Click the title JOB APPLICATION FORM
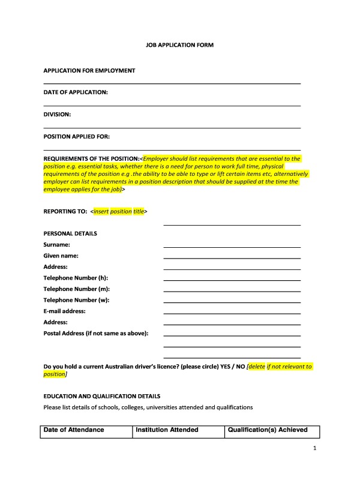point(180,45)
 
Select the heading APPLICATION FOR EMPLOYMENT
point(89,71)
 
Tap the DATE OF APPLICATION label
point(76,92)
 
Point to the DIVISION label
point(58,114)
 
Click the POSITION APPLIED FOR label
point(77,136)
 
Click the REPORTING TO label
point(65,212)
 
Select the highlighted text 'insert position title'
point(119,212)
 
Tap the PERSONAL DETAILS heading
point(70,233)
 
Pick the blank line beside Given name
point(232,257)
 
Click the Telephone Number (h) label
point(76,278)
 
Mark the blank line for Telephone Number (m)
point(232,290)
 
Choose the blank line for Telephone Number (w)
point(232,301)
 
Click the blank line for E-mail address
point(232,313)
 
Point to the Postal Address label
point(96,333)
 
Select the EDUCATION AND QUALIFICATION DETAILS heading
point(102,397)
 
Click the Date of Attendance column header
point(74,430)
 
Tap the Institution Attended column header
point(167,430)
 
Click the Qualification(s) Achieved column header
point(268,430)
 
